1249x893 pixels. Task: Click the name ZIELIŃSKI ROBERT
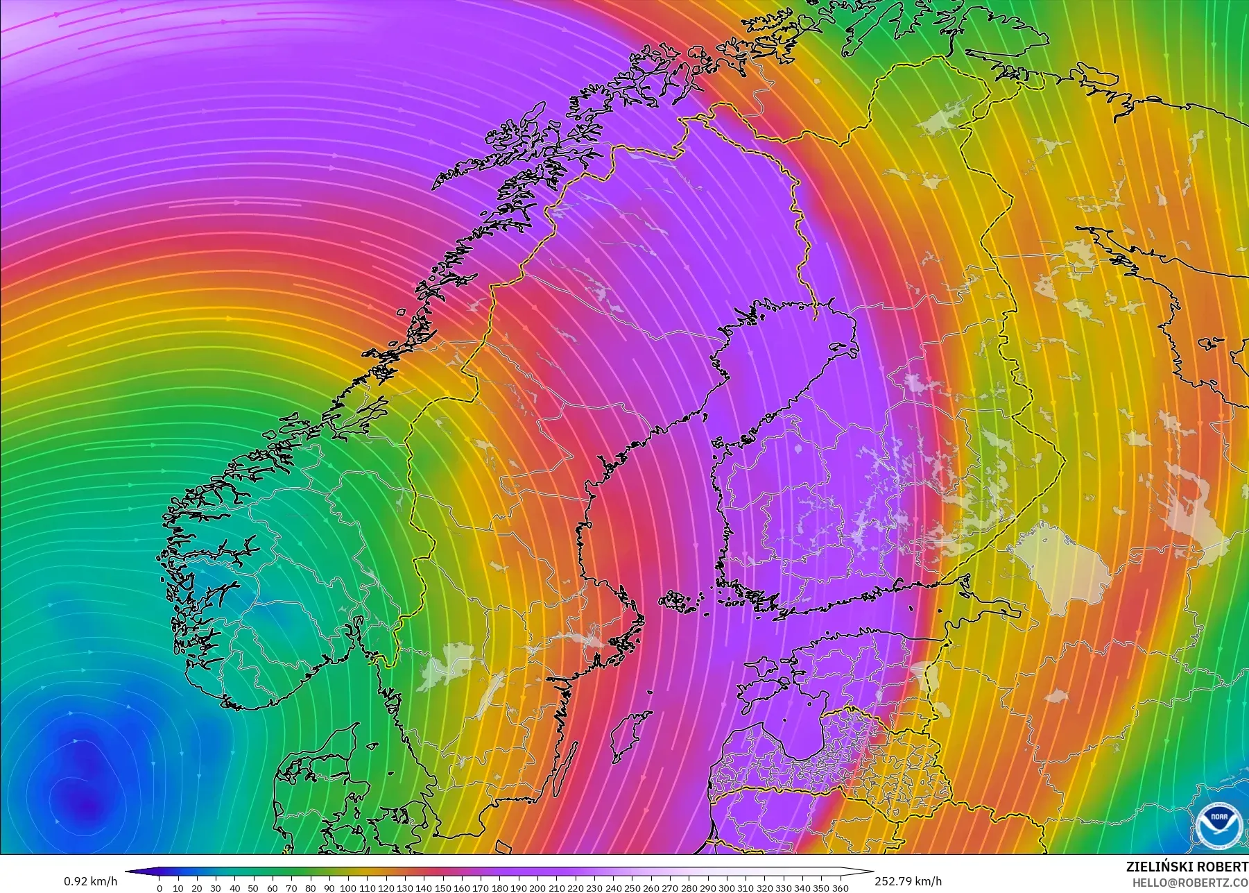click(1187, 867)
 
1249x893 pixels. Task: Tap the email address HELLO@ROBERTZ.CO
click(1190, 883)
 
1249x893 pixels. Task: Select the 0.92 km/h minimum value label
click(90, 881)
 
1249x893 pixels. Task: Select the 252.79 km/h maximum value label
click(908, 881)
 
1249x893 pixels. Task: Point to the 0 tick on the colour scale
click(160, 887)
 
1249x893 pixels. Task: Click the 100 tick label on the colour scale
click(347, 887)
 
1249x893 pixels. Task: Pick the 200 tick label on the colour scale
click(537, 887)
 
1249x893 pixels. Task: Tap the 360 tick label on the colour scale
click(840, 887)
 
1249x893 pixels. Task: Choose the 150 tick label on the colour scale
click(442, 887)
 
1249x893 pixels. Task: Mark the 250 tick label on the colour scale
click(632, 887)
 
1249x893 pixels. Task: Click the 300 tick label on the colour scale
click(726, 887)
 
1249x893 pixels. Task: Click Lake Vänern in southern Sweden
click(451, 657)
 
